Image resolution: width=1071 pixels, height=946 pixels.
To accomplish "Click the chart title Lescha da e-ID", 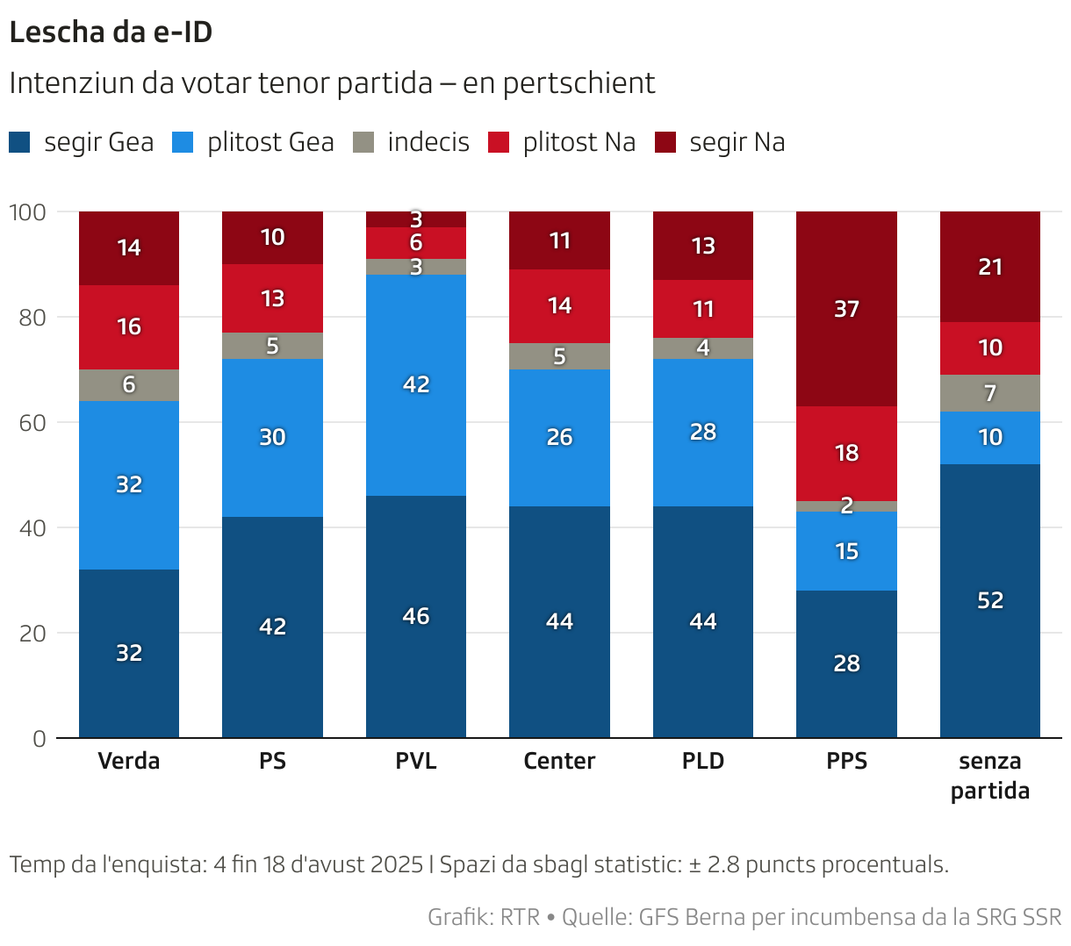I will (x=111, y=32).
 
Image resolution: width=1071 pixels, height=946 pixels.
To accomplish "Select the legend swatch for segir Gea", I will (x=19, y=142).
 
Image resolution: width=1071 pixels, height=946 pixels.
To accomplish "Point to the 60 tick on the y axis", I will (x=32, y=422).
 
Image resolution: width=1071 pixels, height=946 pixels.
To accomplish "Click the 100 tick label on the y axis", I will (x=26, y=211).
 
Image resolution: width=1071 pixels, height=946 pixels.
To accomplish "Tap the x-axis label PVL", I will (x=416, y=761).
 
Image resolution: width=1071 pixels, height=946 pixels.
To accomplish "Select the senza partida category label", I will (x=989, y=776).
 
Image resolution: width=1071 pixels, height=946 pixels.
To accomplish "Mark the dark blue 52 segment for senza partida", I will (x=989, y=600).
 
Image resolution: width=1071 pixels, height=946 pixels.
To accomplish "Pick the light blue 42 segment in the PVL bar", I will (x=416, y=384).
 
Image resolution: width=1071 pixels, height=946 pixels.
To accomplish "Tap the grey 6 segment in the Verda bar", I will (x=129, y=384).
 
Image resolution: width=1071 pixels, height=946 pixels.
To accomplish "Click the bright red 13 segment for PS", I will (x=272, y=298).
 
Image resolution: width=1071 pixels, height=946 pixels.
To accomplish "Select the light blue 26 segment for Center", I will (x=559, y=437).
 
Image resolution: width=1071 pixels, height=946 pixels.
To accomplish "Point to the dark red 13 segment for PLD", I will (x=702, y=246).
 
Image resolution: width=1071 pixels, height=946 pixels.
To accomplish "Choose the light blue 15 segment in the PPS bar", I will (x=846, y=551).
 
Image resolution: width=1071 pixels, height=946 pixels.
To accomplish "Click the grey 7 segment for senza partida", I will (x=989, y=393).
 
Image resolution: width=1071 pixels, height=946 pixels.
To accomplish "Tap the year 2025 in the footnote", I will (x=397, y=864).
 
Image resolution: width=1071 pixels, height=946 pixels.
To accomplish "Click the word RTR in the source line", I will (x=520, y=917).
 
